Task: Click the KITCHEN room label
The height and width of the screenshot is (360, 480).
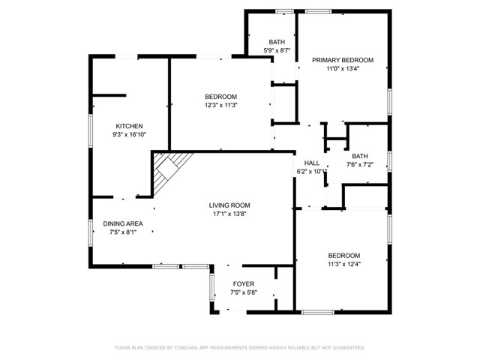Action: (x=129, y=126)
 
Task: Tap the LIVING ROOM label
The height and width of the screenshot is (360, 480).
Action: (x=229, y=205)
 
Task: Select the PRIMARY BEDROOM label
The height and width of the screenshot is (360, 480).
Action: (x=343, y=60)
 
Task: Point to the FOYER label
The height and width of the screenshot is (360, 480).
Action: (x=244, y=284)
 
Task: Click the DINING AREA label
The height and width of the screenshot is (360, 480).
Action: (x=123, y=223)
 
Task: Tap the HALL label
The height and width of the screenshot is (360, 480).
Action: (x=312, y=163)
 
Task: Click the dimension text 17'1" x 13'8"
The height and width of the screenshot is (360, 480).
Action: (x=229, y=214)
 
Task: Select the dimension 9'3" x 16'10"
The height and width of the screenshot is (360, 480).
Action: (x=129, y=134)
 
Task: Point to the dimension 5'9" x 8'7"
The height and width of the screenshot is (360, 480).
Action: (x=277, y=50)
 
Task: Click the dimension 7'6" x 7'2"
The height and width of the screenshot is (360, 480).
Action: (x=360, y=165)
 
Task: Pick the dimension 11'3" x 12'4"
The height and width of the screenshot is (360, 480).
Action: (x=344, y=264)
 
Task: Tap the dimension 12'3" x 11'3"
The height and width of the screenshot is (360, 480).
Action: (x=221, y=105)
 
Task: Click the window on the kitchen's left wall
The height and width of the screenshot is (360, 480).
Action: (x=91, y=130)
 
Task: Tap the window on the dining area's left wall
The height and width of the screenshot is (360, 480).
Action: (x=91, y=232)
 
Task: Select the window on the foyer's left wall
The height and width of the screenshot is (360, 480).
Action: (x=211, y=286)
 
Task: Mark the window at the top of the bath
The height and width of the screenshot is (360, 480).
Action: (x=284, y=12)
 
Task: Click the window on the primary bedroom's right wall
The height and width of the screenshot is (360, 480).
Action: (x=390, y=102)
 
